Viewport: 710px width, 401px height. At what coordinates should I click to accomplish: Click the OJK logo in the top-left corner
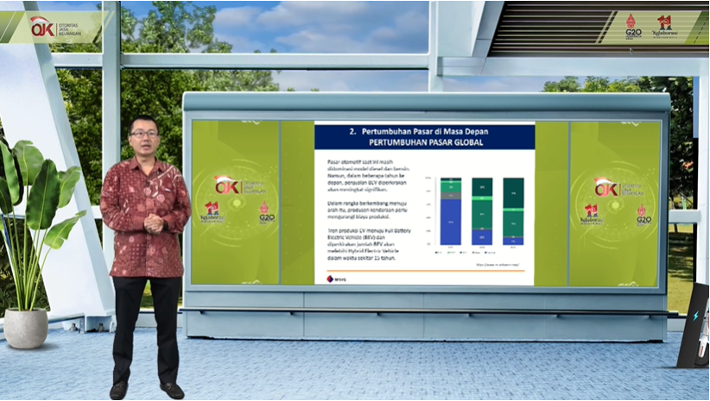pos(41,28)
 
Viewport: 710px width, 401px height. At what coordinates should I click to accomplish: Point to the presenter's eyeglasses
pos(144,134)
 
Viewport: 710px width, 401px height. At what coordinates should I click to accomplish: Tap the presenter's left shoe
pos(172,390)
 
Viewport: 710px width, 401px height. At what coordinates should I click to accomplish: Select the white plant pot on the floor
pos(26,328)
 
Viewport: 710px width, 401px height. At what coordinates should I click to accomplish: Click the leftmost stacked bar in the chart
pos(451,211)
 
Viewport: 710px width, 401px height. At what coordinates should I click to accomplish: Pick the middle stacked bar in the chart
pos(482,211)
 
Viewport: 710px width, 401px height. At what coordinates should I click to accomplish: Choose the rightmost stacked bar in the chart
pos(513,211)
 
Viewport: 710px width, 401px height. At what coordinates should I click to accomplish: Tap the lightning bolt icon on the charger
pos(695,317)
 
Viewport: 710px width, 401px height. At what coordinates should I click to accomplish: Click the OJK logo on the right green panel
pos(606,187)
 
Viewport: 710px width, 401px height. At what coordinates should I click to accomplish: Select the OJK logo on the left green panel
pos(227,185)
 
